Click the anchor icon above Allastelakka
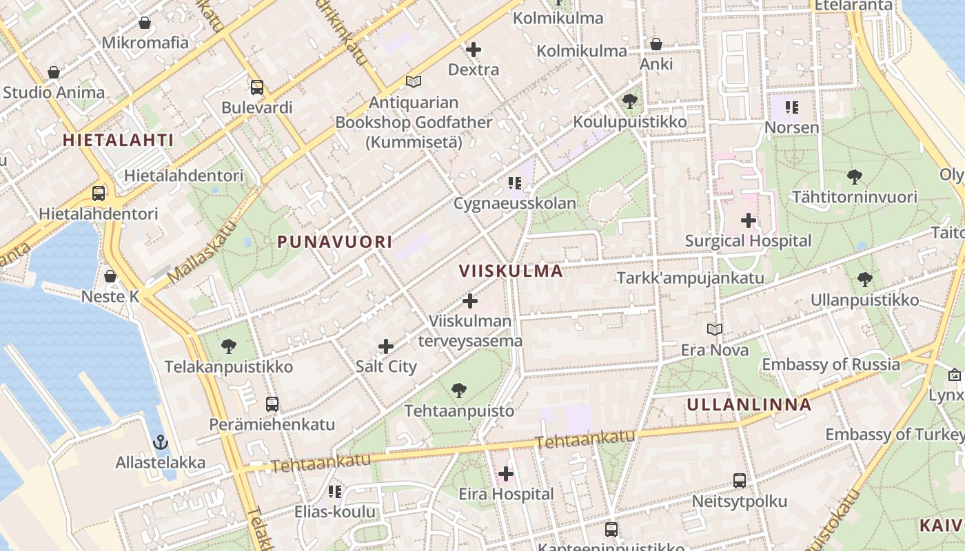[x=160, y=441]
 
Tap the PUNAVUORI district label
[x=335, y=242]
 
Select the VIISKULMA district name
[x=511, y=271]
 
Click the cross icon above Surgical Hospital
[x=748, y=221]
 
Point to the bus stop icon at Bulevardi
[x=257, y=87]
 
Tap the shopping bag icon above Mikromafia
[x=145, y=23]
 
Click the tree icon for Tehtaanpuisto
[x=459, y=391]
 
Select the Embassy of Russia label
[x=831, y=364]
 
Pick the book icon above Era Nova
[x=715, y=330]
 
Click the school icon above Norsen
[x=792, y=107]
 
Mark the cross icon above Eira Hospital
[x=506, y=474]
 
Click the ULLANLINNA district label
[x=749, y=405]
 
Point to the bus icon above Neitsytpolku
[x=740, y=481]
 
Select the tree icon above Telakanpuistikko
[x=229, y=346]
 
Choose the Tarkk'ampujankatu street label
[x=690, y=278]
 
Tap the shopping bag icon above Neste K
[x=110, y=276]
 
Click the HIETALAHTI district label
[x=118, y=141]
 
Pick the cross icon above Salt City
[x=386, y=346]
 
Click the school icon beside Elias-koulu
[x=335, y=491]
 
